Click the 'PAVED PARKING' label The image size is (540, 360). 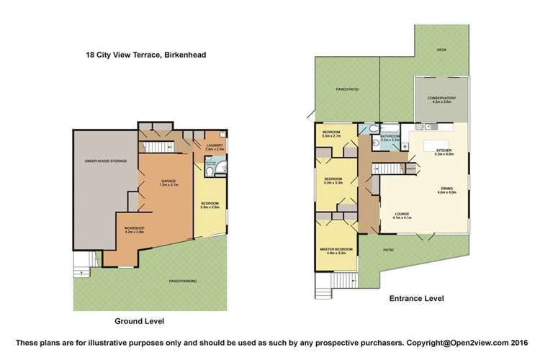(182, 281)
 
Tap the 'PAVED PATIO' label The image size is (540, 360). (348, 89)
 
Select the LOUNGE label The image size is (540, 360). (402, 215)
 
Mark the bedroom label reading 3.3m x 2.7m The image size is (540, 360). (331, 134)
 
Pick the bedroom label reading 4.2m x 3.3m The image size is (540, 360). (333, 180)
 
